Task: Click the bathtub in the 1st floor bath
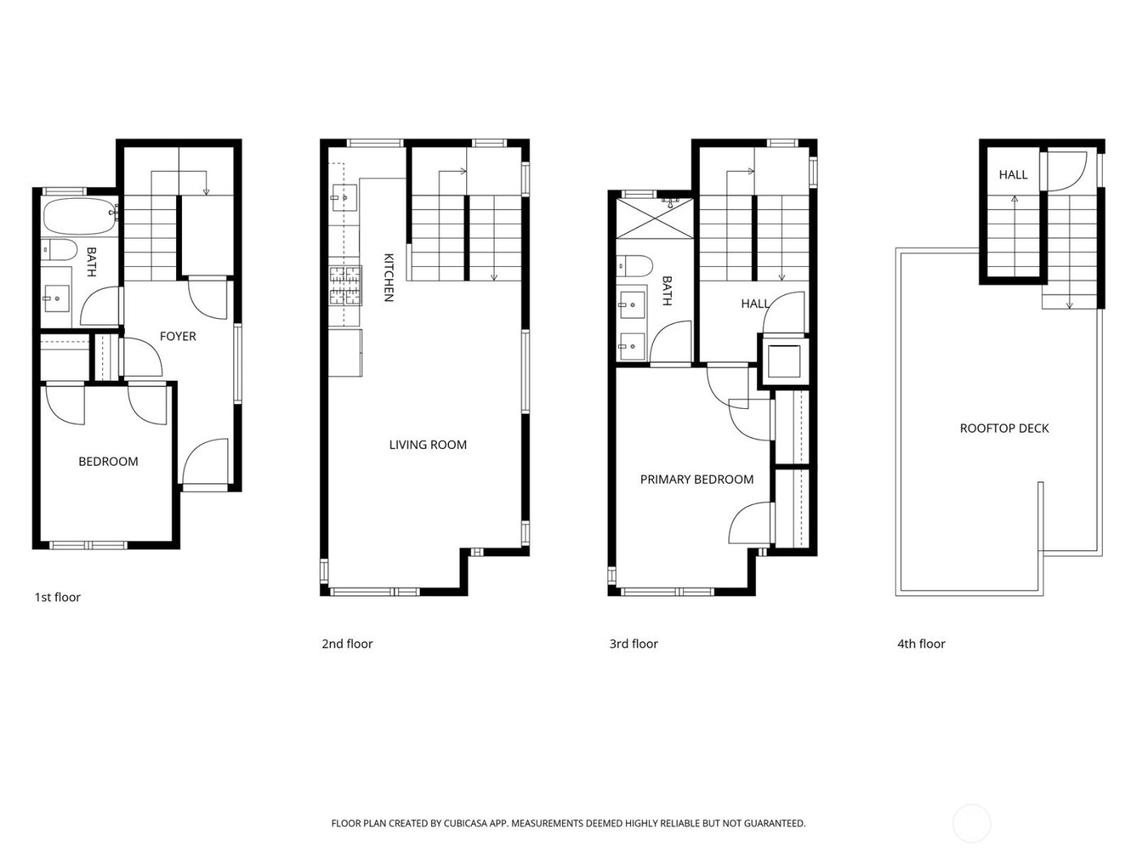coord(79,217)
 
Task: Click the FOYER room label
coord(177,336)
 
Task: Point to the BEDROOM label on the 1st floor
coord(108,461)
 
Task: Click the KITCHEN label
coord(389,278)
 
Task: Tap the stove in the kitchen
coord(344,286)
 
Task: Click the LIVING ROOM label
coord(427,445)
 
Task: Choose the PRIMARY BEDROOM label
coord(696,480)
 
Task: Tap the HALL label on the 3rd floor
coord(754,303)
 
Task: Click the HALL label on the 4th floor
coord(1013,174)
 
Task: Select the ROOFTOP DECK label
coord(1004,428)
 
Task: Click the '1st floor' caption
coord(57,597)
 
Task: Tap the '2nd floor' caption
coord(347,644)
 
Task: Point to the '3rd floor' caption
coord(633,644)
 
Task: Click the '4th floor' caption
coord(921,644)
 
